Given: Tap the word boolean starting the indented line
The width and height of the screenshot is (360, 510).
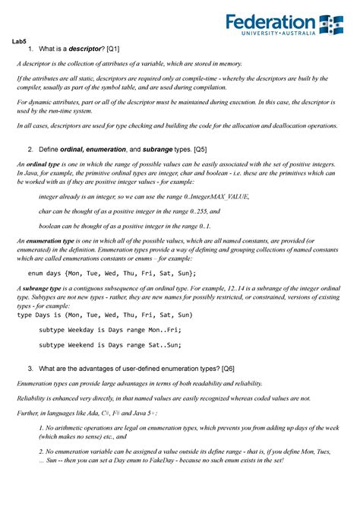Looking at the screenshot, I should point(52,226).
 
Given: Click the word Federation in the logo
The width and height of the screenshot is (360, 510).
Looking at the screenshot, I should point(270,23).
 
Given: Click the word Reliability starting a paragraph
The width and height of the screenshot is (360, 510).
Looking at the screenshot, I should point(33,397).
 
